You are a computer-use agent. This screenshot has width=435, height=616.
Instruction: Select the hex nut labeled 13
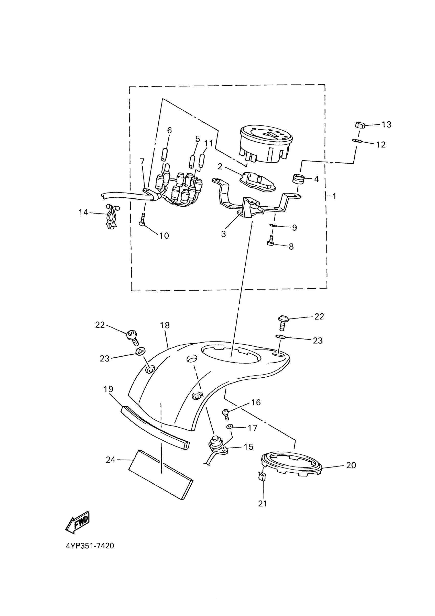(359, 125)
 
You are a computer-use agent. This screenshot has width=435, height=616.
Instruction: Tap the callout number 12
(380, 145)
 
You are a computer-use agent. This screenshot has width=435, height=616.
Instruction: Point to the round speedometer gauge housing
(266, 145)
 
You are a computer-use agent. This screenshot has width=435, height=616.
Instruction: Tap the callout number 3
(223, 234)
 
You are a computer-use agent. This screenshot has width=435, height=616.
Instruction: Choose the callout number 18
(165, 325)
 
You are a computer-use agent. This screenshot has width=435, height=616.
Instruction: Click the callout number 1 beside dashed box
(334, 196)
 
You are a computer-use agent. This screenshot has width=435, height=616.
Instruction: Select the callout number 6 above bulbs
(169, 130)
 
